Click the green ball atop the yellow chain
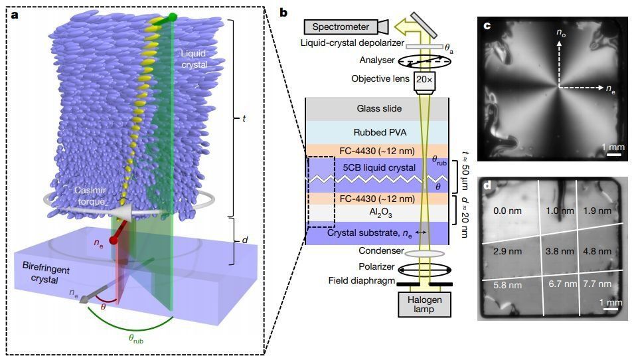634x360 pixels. click(173, 16)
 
